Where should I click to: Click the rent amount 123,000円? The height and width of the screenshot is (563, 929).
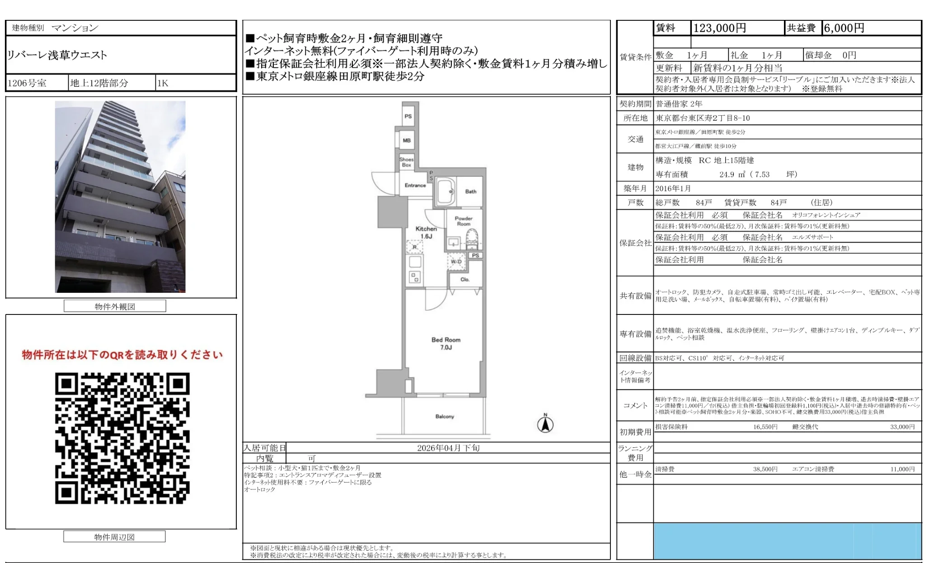(719, 28)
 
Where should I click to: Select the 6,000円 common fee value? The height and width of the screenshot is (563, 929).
(844, 28)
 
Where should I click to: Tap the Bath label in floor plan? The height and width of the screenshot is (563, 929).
(470, 192)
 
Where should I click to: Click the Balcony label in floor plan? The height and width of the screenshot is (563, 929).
(445, 416)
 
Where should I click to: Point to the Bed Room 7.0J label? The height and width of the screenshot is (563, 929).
(446, 343)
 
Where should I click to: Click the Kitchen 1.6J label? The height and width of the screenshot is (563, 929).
(426, 232)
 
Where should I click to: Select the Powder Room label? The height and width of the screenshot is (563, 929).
(463, 221)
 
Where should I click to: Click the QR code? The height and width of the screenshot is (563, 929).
(122, 438)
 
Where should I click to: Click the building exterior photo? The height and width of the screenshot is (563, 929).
(120, 197)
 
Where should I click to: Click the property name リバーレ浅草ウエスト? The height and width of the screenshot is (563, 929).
(57, 55)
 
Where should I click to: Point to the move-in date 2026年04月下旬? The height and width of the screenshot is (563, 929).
(448, 448)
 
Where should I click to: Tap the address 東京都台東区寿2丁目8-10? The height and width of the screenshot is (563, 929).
(703, 118)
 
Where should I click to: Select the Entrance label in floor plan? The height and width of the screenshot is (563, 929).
(415, 185)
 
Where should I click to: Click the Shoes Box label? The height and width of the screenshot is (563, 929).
(406, 162)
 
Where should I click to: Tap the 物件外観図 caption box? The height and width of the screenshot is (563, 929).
(115, 306)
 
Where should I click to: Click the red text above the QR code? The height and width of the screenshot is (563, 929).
(122, 355)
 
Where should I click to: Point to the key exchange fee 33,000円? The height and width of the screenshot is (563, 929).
(902, 427)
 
